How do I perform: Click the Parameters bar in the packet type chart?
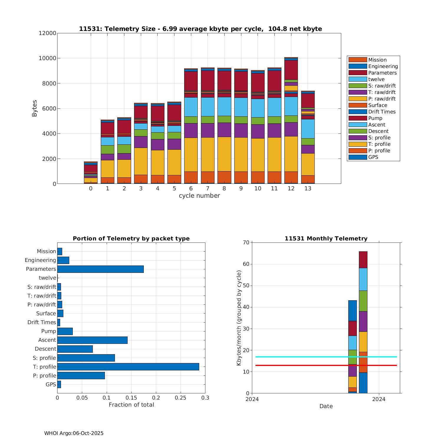(x=100, y=269)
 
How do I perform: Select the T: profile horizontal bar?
(x=128, y=367)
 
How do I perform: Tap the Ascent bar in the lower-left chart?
(x=92, y=340)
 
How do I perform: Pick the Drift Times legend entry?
(x=382, y=112)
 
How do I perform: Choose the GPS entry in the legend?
(x=373, y=157)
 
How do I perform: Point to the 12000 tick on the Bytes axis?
(x=47, y=33)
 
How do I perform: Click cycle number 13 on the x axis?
(x=308, y=189)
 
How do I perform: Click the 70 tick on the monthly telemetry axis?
(x=246, y=243)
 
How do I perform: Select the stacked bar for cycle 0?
(x=91, y=173)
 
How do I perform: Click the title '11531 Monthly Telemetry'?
(x=326, y=238)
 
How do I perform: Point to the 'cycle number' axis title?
(x=199, y=196)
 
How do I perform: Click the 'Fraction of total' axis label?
(x=131, y=405)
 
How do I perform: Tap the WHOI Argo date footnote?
(x=74, y=433)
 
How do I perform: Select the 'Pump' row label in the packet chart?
(x=49, y=331)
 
